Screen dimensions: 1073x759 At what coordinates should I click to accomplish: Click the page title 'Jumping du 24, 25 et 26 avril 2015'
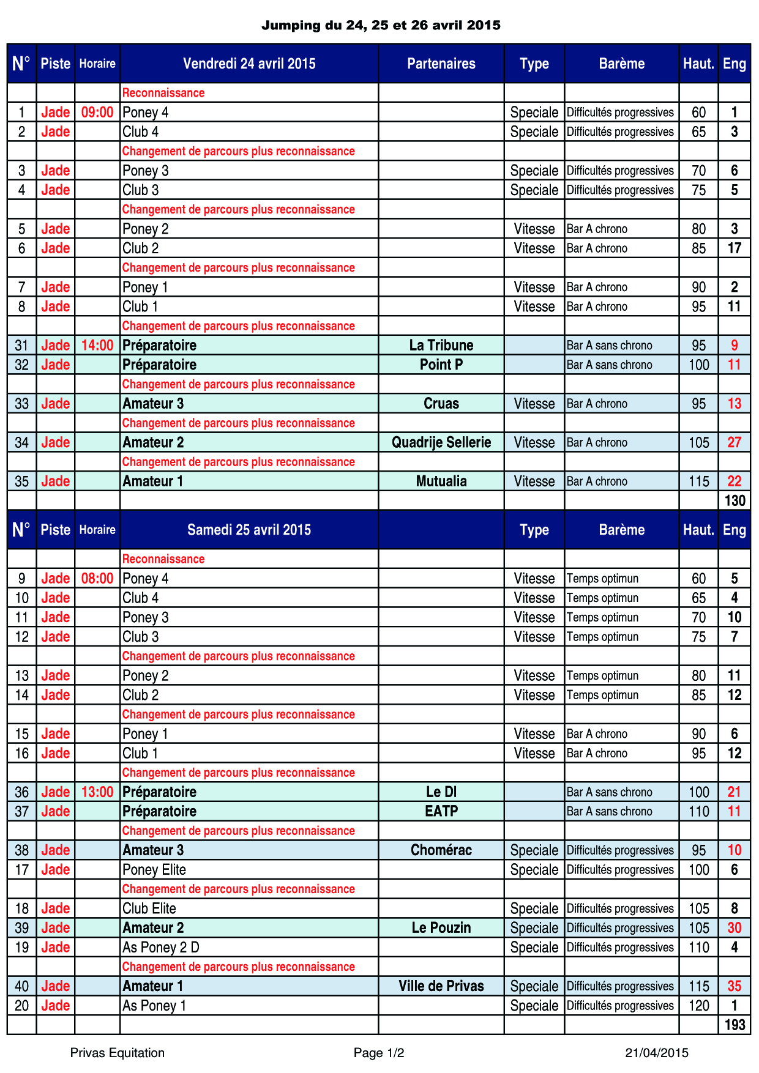coord(381,25)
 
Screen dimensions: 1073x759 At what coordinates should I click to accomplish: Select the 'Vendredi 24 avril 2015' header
coord(249,64)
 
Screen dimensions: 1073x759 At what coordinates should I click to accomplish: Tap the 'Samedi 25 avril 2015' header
coord(249,530)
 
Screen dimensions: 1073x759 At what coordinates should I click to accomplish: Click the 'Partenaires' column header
coord(441,64)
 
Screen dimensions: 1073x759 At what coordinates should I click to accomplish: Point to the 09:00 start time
coord(97,113)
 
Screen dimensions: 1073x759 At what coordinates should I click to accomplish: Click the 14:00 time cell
coord(97,346)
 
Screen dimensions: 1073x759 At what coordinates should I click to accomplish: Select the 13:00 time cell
coord(97,792)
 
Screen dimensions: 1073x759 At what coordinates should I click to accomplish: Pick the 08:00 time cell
coord(97,579)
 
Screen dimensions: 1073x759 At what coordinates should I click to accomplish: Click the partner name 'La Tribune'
coord(441,346)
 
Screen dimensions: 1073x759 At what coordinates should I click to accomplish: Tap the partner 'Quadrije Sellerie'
coord(441,443)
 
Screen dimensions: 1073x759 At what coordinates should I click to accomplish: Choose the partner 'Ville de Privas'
coord(441,986)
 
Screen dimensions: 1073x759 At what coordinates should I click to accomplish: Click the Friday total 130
coord(735,501)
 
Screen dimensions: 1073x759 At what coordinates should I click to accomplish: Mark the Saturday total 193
coord(735,1025)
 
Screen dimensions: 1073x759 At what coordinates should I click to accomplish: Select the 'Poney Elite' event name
coord(154,870)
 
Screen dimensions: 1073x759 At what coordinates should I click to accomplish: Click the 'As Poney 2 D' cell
coord(161,948)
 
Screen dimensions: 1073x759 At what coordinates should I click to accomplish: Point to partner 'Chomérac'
coord(441,850)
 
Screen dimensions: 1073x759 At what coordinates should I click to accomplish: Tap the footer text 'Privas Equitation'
coord(118,1053)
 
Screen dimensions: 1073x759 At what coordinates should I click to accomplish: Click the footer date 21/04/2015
coord(657,1053)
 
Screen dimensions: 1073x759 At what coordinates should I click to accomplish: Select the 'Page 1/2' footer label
coord(379,1053)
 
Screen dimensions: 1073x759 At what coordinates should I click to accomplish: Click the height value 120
coord(698,1006)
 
